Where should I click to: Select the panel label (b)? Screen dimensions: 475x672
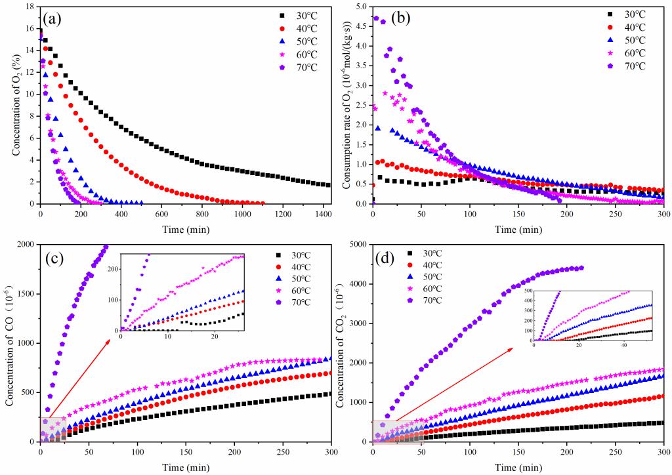pos(400,18)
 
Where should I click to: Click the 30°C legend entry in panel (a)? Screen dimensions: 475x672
pos(300,14)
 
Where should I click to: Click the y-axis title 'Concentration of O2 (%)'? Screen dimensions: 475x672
pos(14,108)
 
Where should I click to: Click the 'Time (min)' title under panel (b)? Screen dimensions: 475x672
pos(518,229)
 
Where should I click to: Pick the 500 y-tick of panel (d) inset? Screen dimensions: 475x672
pos(528,290)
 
